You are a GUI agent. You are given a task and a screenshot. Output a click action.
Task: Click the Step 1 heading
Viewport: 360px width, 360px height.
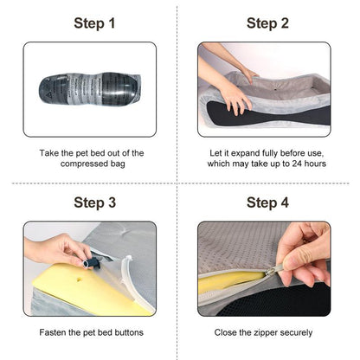click(94, 23)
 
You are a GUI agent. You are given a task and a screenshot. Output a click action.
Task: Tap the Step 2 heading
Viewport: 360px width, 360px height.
click(267, 23)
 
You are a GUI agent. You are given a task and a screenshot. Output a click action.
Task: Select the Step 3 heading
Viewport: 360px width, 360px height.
click(94, 202)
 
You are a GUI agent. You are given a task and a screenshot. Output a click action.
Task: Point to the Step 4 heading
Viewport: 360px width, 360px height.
click(267, 202)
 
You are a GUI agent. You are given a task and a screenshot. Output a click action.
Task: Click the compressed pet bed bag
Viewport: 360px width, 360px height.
click(90, 88)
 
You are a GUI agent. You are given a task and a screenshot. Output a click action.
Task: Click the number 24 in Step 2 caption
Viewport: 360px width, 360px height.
click(297, 164)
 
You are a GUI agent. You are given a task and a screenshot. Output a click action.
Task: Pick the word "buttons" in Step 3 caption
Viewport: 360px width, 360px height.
click(129, 332)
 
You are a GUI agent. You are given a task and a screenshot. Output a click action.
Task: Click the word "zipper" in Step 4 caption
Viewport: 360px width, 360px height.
click(266, 332)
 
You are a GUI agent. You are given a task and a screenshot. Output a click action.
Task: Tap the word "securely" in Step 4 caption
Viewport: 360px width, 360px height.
click(296, 332)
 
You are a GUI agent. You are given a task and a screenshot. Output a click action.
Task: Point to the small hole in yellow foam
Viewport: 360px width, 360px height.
click(79, 280)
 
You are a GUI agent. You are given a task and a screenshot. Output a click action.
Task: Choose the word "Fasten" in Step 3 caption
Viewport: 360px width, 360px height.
click(53, 332)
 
